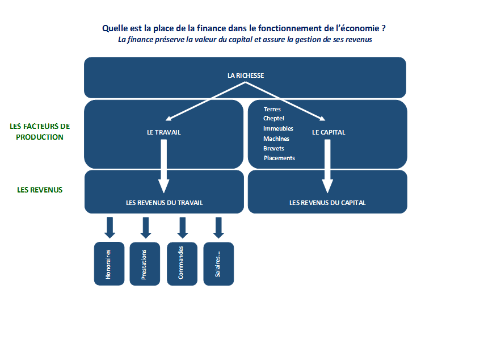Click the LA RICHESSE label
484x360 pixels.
tap(246, 76)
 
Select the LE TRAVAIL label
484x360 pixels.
tap(164, 132)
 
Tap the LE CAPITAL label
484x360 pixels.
tap(329, 132)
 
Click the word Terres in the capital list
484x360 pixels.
tap(272, 109)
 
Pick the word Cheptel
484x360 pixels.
tap(274, 118)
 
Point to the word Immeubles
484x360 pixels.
tap(278, 128)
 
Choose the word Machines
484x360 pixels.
tap(276, 139)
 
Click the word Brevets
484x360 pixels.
tap(274, 148)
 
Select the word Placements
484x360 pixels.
tap(279, 158)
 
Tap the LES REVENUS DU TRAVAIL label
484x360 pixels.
tap(165, 203)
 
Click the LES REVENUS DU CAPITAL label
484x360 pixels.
tap(327, 203)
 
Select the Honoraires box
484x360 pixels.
tap(110, 263)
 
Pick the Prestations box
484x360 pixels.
tap(145, 263)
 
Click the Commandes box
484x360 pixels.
tap(182, 263)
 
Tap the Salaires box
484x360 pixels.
tap(218, 263)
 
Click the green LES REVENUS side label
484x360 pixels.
tap(40, 190)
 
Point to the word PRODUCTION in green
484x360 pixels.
tap(40, 137)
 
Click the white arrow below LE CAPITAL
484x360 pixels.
tap(327, 166)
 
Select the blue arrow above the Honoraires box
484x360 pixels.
tap(110, 228)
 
